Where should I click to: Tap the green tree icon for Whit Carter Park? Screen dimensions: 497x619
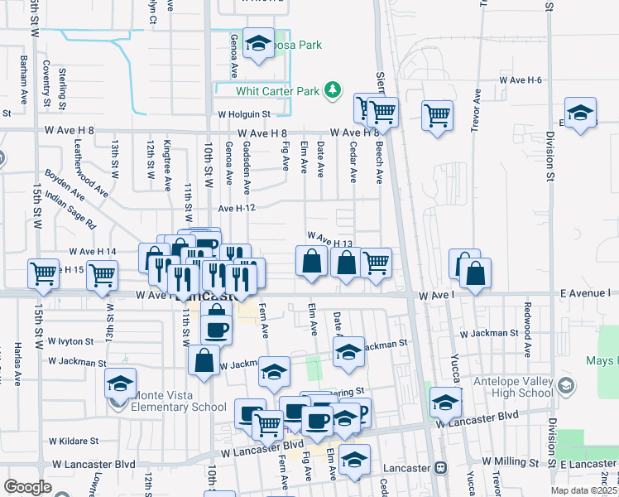click(332, 89)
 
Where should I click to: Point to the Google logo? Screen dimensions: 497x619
click(27, 487)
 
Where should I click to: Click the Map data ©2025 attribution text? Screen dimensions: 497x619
click(584, 490)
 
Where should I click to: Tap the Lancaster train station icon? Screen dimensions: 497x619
click(441, 468)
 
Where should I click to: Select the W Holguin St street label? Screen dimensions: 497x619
click(244, 115)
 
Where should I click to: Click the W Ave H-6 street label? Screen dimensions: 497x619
click(520, 80)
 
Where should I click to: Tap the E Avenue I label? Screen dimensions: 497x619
click(589, 294)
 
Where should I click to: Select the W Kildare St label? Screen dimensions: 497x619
click(73, 442)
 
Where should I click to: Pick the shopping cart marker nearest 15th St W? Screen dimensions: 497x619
click(43, 273)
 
